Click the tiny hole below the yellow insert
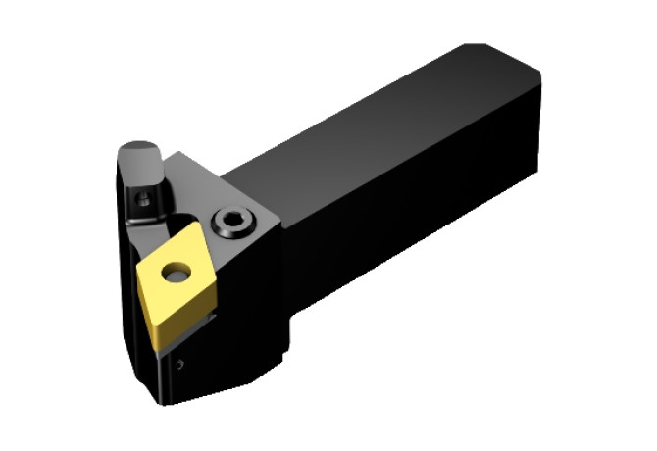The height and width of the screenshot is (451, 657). [x=180, y=364]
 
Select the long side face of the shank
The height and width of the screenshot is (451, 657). [x=412, y=216]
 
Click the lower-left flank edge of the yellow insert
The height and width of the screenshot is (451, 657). [x=147, y=299]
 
